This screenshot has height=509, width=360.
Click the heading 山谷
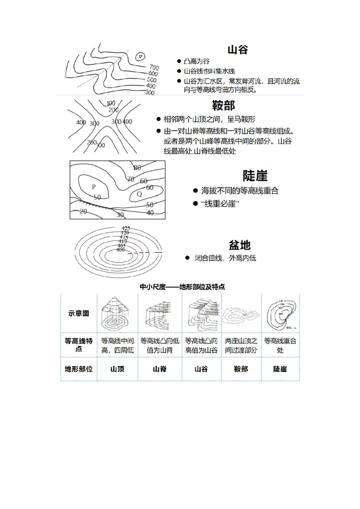(x=238, y=49)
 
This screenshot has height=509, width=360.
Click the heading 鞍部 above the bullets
(x=223, y=106)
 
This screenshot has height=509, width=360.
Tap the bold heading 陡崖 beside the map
(x=255, y=176)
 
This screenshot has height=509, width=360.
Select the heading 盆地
(x=240, y=245)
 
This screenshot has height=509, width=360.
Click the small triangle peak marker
(x=140, y=57)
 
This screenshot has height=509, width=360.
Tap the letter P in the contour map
(x=94, y=187)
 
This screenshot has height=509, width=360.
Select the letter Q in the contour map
(x=139, y=194)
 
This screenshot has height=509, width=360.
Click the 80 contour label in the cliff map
(x=137, y=168)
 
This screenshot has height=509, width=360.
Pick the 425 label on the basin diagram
(x=126, y=228)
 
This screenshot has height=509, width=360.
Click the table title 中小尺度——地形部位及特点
(x=182, y=286)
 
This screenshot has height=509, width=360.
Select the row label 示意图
(x=79, y=313)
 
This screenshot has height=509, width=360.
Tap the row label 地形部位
(x=79, y=369)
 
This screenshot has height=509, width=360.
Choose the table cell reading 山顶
(x=117, y=369)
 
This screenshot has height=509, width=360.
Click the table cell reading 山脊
(x=160, y=369)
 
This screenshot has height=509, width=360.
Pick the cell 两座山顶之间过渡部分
(x=241, y=345)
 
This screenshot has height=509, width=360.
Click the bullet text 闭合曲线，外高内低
(x=225, y=259)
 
